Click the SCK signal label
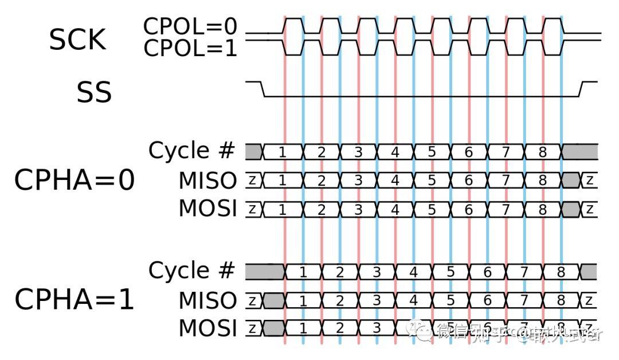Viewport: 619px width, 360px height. tap(77, 40)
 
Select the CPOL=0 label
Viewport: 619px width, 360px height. tap(190, 27)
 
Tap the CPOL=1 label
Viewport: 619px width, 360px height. tap(190, 49)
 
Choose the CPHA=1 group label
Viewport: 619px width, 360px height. tap(75, 300)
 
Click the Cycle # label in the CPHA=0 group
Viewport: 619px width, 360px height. tap(191, 151)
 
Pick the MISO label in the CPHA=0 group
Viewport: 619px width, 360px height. tap(207, 181)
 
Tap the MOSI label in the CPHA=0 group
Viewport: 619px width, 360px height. tap(207, 209)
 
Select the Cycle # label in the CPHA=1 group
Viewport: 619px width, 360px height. tap(191, 271)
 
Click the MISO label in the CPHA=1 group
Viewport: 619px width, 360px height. tap(207, 300)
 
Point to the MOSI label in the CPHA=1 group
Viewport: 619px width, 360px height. tap(207, 329)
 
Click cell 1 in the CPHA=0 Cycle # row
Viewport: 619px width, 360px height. tap(282, 152)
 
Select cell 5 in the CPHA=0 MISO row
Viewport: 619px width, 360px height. tap(432, 181)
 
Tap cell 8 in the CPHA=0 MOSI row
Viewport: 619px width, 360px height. tap(543, 209)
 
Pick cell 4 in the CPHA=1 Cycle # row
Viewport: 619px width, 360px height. tap(413, 272)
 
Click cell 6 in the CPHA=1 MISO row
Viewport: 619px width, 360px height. tap(487, 300)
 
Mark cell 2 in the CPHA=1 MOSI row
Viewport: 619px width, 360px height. tap(340, 329)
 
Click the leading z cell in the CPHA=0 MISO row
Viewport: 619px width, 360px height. tap(253, 181)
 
